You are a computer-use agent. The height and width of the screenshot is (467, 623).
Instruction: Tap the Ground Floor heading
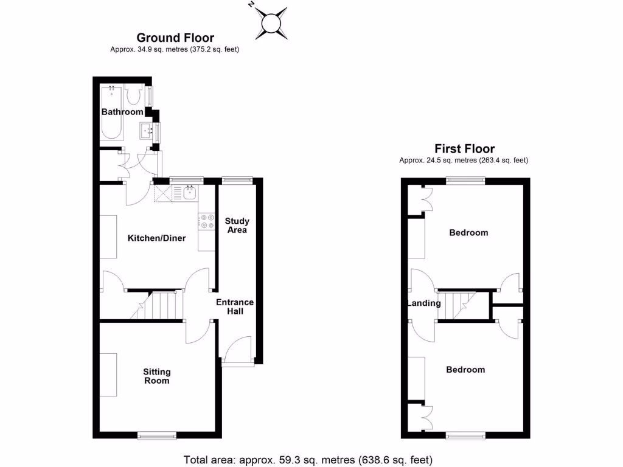[x=175, y=38]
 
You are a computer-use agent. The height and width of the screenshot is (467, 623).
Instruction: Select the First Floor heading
[x=464, y=148]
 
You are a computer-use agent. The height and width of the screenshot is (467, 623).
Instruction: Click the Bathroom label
[x=122, y=112]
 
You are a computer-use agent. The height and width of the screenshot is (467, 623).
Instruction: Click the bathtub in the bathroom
[x=111, y=112]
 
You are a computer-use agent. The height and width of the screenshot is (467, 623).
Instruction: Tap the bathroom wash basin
[x=147, y=130]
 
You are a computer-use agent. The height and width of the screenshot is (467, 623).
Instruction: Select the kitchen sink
[x=188, y=194]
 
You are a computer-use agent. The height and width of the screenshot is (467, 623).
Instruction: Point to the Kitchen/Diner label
[x=156, y=238]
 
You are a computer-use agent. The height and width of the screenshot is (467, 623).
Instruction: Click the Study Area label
[x=237, y=226]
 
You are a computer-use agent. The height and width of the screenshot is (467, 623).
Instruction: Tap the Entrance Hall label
[x=235, y=306]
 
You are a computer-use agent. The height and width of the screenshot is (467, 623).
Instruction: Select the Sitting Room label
[x=156, y=376]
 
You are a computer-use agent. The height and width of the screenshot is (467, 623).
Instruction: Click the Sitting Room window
[x=156, y=435]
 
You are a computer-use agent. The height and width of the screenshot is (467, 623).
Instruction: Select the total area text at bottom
[x=308, y=459]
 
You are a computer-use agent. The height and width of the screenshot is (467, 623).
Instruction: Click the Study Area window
[x=237, y=180]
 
